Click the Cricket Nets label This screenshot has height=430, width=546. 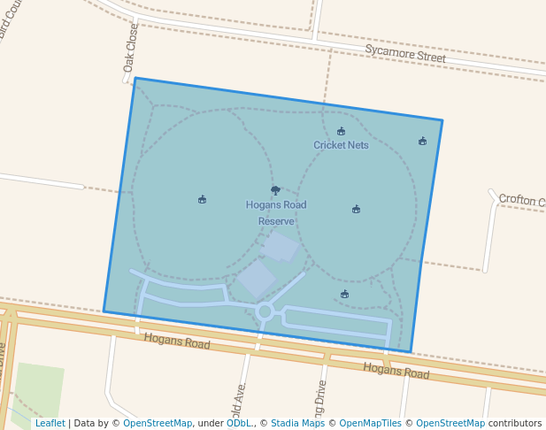(x=341, y=145)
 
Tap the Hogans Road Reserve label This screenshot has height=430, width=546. (x=276, y=212)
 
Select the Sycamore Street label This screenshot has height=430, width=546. (x=405, y=53)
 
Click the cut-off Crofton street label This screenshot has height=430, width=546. (x=521, y=201)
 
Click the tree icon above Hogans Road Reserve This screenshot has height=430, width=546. (x=275, y=190)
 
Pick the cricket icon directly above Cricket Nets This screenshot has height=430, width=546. (x=341, y=132)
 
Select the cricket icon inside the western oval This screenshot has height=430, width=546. (x=202, y=199)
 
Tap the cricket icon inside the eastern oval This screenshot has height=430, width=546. (x=356, y=210)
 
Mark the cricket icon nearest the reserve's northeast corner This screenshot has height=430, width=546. (x=422, y=141)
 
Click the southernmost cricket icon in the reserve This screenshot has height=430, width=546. (x=344, y=295)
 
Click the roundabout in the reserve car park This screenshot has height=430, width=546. (x=265, y=311)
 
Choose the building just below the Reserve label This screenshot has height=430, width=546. (x=280, y=246)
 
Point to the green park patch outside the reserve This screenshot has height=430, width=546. (x=38, y=389)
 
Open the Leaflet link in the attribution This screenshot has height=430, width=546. (x=50, y=423)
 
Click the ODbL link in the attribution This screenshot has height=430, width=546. (x=239, y=423)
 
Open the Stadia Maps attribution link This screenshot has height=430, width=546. (x=297, y=423)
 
